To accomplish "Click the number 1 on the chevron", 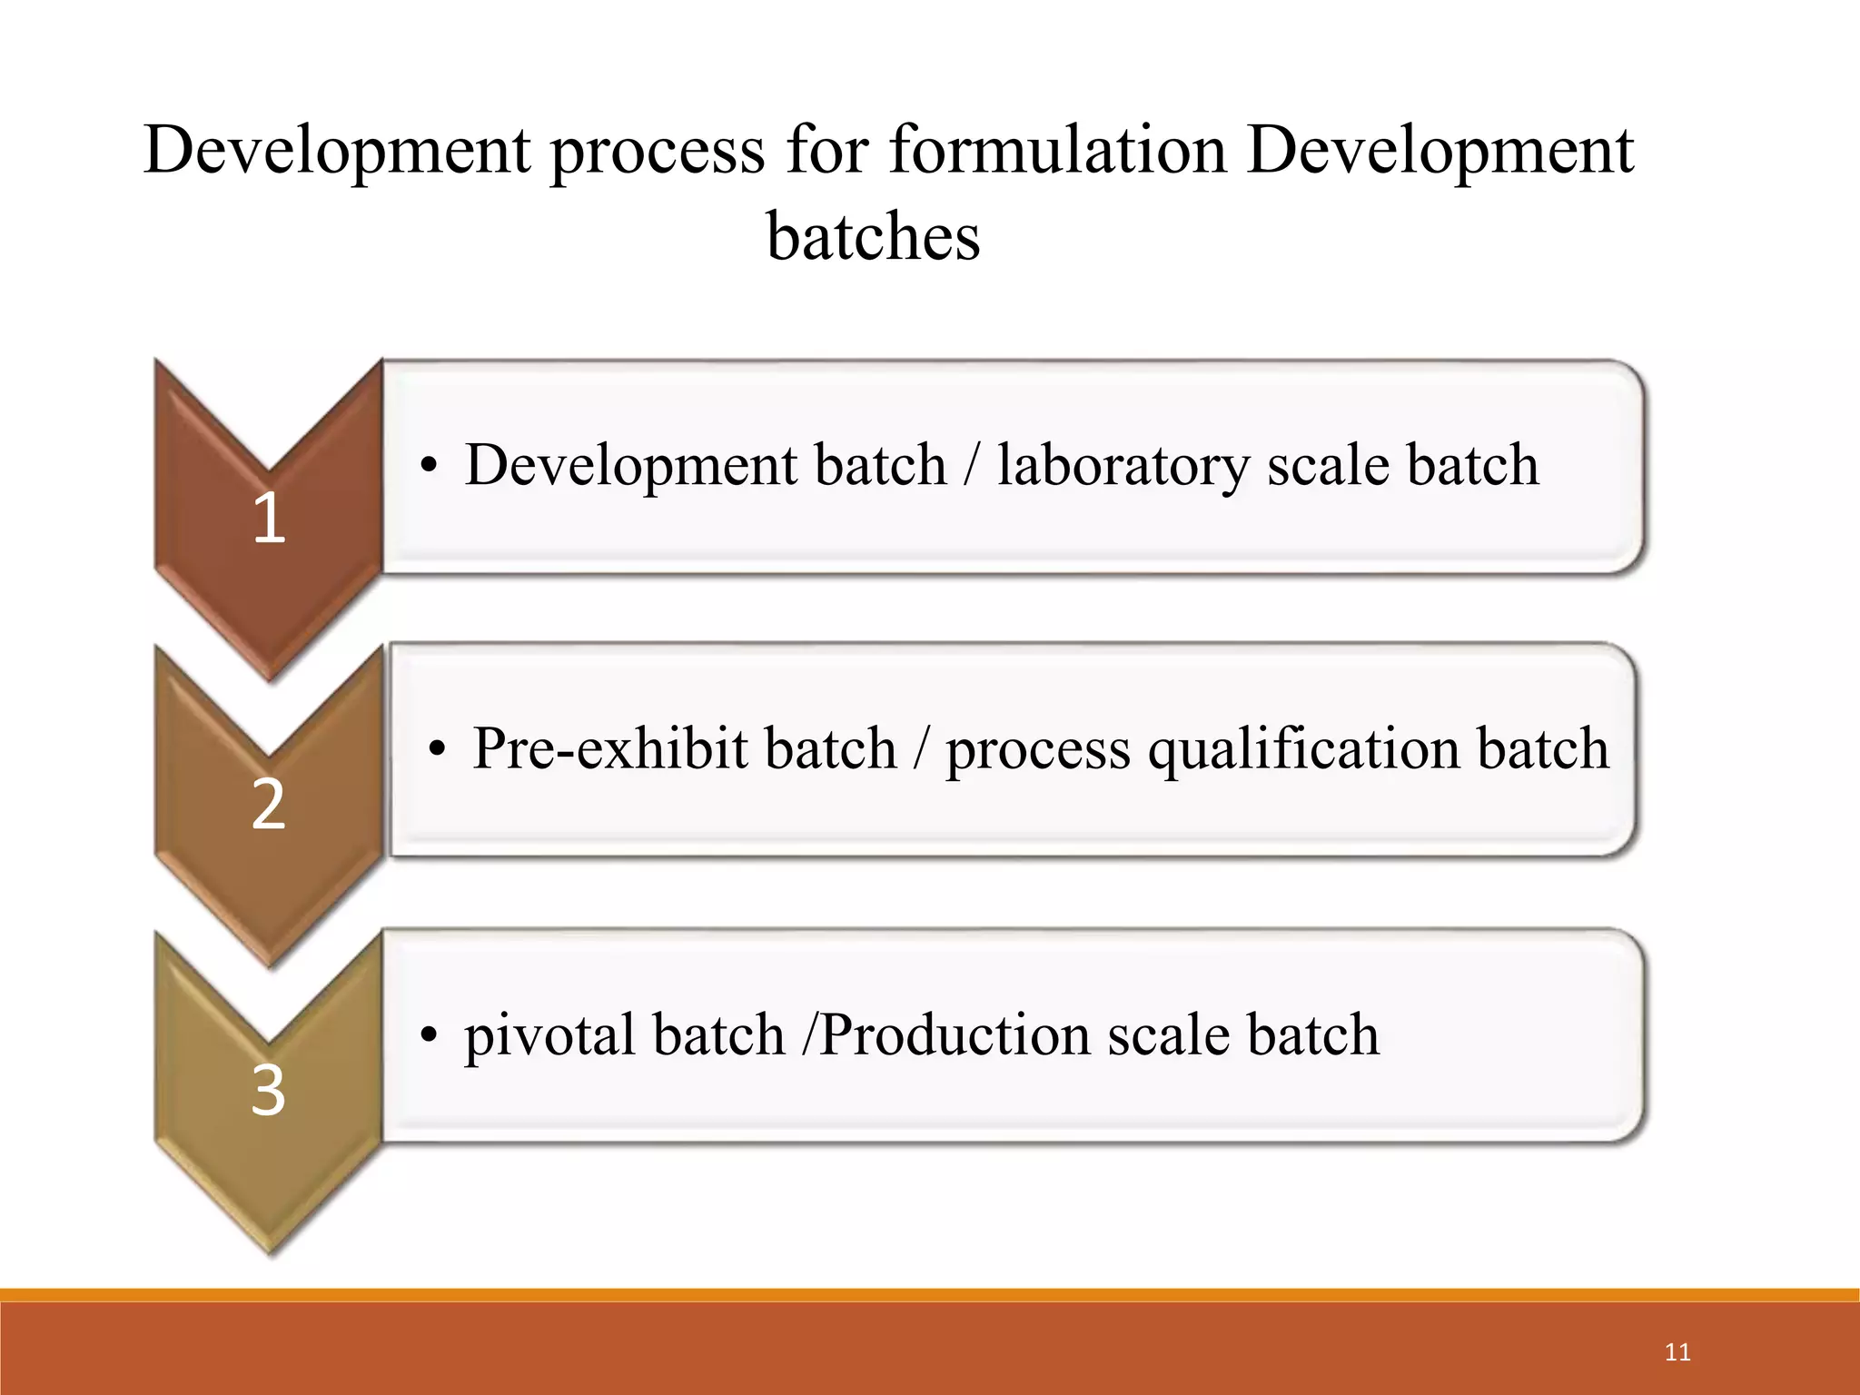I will (x=269, y=519).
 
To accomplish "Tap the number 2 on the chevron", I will (x=268, y=805).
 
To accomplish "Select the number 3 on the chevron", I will (x=268, y=1090).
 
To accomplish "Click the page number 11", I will (x=1677, y=1352).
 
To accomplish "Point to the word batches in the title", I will (x=873, y=236).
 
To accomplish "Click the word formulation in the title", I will (x=1057, y=150).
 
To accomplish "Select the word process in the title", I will (x=658, y=152).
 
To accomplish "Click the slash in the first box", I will (x=972, y=466).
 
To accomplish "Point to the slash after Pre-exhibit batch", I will (x=921, y=750).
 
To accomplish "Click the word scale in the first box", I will (x=1328, y=466).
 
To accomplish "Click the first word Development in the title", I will (x=336, y=152).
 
